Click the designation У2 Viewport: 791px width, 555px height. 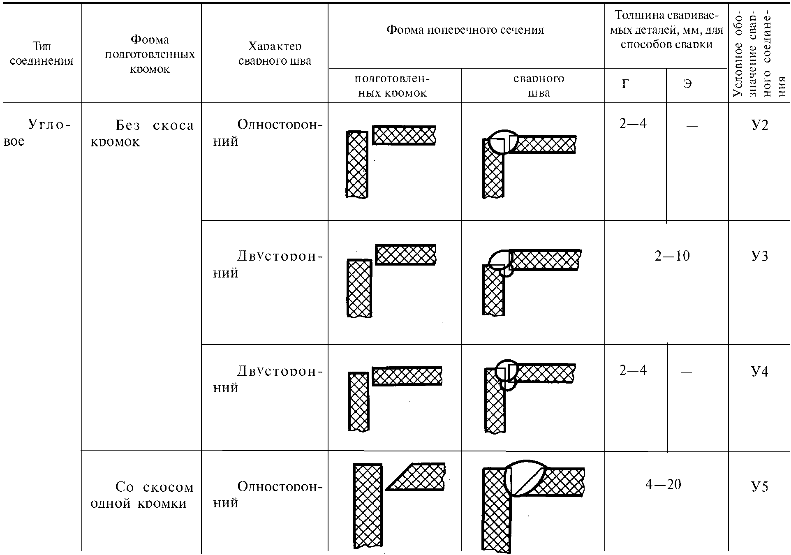(x=759, y=125)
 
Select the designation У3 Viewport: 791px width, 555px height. (x=759, y=257)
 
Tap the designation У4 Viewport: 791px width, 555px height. (x=759, y=372)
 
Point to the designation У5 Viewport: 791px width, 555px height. (x=759, y=487)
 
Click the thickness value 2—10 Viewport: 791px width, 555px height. (x=672, y=256)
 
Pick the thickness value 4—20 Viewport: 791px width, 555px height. (x=663, y=485)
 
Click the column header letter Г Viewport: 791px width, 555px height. (x=625, y=84)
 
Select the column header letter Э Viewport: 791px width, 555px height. (x=687, y=84)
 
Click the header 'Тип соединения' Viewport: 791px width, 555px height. (x=42, y=54)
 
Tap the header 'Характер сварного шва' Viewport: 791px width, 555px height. (x=275, y=54)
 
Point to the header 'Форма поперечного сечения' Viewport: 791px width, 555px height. (x=465, y=30)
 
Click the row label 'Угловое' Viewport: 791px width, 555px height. (x=37, y=132)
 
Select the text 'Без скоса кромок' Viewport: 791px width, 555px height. (x=142, y=133)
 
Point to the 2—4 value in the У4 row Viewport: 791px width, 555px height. (x=633, y=370)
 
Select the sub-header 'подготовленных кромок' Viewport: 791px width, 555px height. (x=392, y=86)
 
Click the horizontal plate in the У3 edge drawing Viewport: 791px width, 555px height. (x=405, y=254)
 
